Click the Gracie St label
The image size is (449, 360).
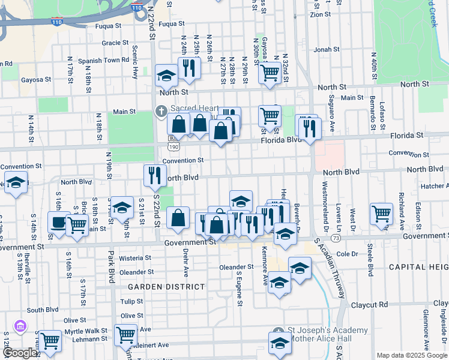click(111, 43)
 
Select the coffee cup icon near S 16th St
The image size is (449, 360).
click(58, 222)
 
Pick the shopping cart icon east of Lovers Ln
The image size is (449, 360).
click(381, 213)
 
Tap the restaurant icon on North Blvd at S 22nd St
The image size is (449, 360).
click(155, 175)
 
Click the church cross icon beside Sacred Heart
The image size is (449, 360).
click(161, 110)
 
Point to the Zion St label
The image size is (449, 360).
click(320, 14)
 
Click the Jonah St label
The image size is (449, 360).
click(322, 50)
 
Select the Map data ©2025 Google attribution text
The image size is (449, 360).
click(411, 355)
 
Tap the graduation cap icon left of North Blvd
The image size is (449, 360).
click(15, 182)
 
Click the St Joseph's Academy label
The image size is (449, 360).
click(328, 331)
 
